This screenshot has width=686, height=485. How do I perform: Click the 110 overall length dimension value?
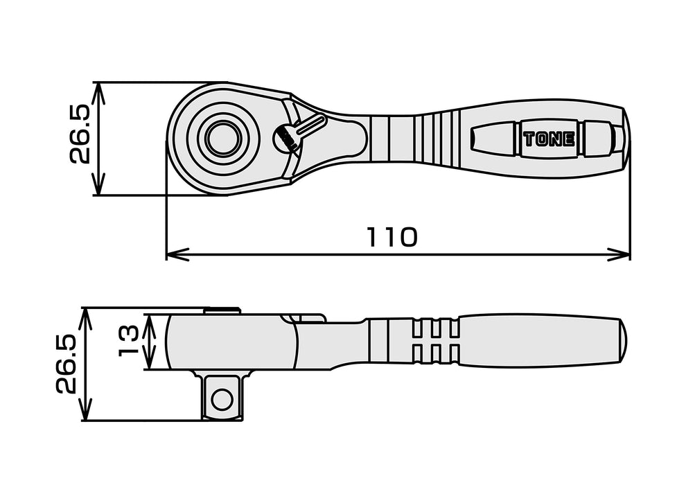pos(392,238)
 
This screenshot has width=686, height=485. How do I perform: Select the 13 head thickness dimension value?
pos(129,342)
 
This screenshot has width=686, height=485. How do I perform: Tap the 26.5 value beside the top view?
pos(80,134)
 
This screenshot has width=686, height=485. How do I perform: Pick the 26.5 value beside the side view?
pos(67,364)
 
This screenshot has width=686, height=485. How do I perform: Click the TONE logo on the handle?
pos(548,139)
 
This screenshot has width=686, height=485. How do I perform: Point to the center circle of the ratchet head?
pos(222,139)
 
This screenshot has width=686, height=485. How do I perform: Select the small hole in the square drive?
pos(222,399)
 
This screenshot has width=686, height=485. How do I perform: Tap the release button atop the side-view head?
pos(222,310)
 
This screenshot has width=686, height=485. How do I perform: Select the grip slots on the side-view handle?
pos(434,341)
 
